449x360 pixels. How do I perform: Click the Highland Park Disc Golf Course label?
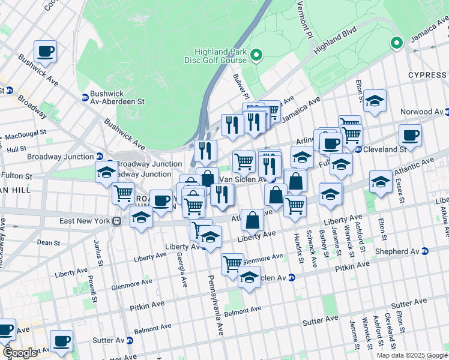click(x=215, y=56)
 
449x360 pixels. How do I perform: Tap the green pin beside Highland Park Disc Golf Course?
click(x=255, y=56)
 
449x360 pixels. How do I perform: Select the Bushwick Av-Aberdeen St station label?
click(x=117, y=98)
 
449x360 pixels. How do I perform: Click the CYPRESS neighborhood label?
click(x=427, y=75)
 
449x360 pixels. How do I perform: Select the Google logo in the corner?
click(x=19, y=352)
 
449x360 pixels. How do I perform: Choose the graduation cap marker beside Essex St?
click(x=381, y=181)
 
